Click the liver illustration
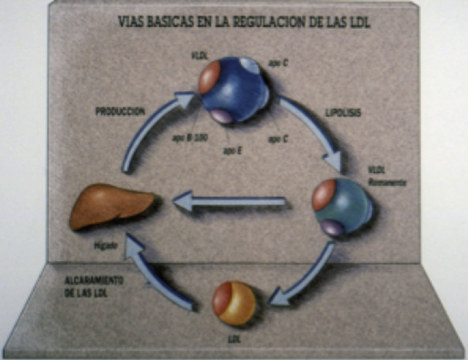click(x=113, y=206)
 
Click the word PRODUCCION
click(x=120, y=111)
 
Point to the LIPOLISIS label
click(x=343, y=112)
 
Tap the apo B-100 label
click(x=190, y=138)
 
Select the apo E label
click(x=232, y=150)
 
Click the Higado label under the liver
click(x=106, y=246)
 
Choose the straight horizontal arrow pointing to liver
click(x=230, y=202)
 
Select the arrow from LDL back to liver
click(x=154, y=276)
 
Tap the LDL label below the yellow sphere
click(x=234, y=339)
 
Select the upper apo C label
click(x=278, y=64)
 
